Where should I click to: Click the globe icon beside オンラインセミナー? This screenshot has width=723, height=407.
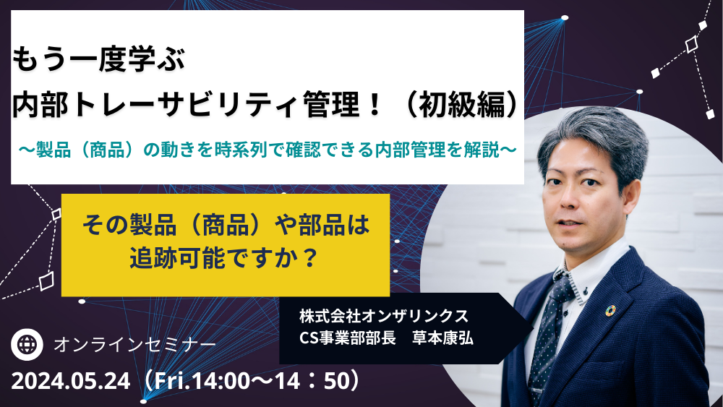27,344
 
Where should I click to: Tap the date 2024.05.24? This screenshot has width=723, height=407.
71,381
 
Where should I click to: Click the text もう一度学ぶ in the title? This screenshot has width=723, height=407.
98,60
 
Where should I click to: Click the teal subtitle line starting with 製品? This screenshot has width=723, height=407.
268,150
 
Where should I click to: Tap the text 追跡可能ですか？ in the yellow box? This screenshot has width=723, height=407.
225,257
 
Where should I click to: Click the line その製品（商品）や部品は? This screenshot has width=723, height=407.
226,225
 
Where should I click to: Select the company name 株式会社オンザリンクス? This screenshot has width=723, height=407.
384,316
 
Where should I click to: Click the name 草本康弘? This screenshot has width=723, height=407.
442,338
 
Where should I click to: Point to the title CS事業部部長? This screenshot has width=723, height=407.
347,338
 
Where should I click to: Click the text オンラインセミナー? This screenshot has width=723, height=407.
134,345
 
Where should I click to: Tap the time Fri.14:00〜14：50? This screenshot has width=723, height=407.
250,381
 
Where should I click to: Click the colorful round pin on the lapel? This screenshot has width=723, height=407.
610,311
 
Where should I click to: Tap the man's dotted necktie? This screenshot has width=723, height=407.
549,333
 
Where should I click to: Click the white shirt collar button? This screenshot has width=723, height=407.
586,291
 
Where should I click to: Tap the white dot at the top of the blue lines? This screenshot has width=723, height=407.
565,18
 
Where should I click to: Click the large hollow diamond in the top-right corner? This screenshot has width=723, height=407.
691,45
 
